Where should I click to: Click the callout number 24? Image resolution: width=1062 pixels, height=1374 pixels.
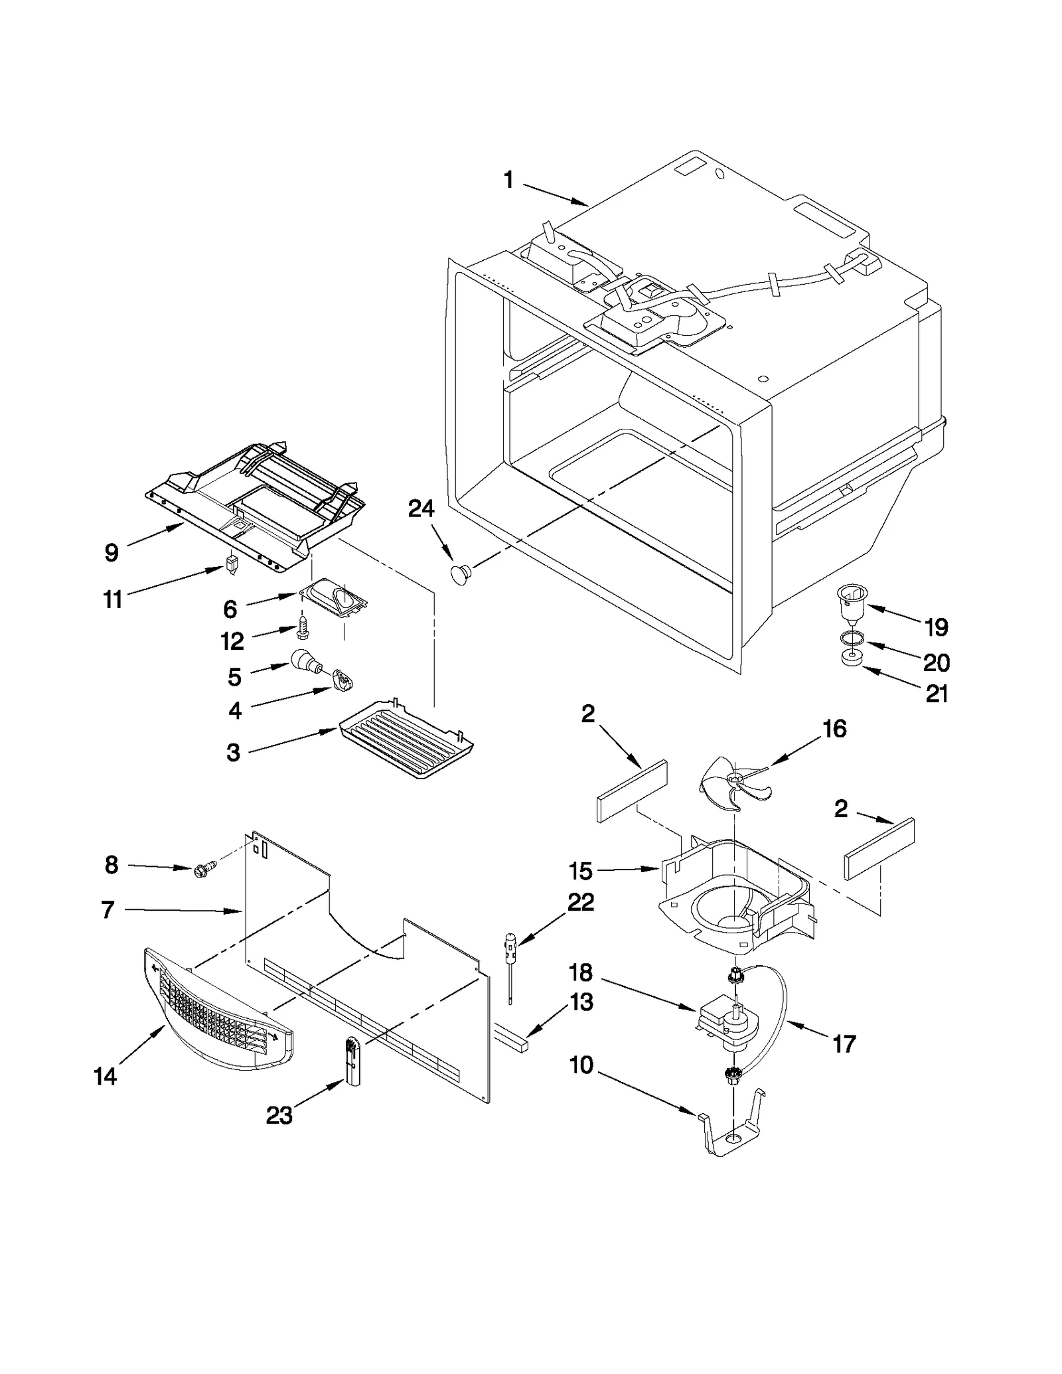421,509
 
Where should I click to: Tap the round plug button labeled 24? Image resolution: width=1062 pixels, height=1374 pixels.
460,573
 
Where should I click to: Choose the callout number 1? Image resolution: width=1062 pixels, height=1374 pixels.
508,180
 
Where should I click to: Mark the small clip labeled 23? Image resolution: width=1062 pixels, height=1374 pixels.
352,1062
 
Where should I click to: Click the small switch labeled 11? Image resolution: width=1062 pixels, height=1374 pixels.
231,566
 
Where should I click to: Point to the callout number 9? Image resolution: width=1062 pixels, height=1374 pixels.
112,552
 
